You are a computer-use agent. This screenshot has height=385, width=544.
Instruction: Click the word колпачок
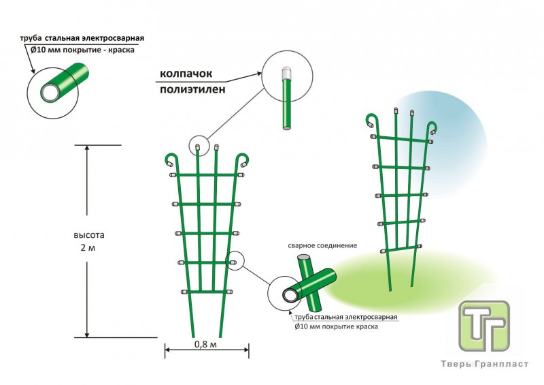click(x=187, y=74)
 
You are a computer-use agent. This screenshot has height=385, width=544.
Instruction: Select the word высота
click(x=89, y=235)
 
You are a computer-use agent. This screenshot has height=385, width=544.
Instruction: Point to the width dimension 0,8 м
click(x=205, y=344)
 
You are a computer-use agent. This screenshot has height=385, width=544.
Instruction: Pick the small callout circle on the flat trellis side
click(x=235, y=260)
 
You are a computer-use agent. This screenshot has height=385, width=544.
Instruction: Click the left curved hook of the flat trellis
click(x=171, y=160)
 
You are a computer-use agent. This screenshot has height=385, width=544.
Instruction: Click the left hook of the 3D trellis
click(x=371, y=121)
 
